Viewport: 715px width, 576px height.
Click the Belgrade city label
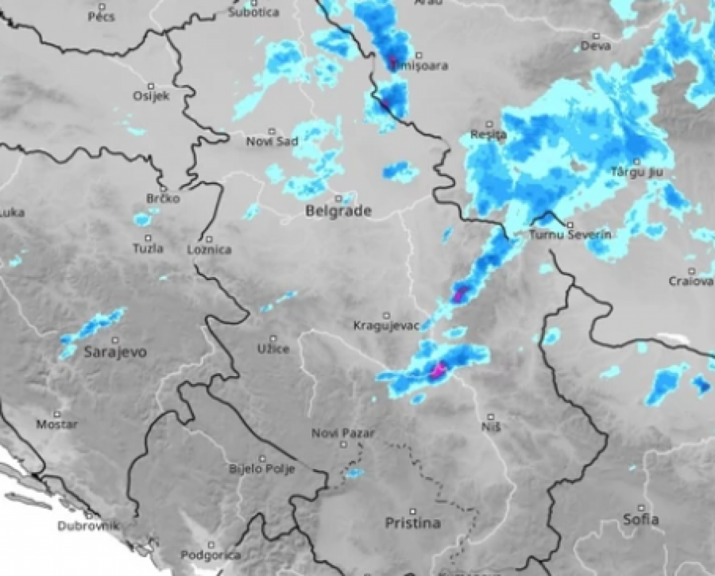click(338, 211)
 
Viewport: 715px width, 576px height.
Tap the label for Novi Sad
click(272, 141)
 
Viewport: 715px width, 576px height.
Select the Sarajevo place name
click(115, 352)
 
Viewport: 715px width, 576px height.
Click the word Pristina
click(412, 523)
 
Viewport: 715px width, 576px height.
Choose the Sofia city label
click(640, 520)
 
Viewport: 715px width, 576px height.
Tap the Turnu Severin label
click(570, 236)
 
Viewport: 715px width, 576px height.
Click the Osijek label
click(151, 96)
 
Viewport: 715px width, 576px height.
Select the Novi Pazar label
click(342, 432)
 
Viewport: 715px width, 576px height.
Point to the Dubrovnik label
click(88, 525)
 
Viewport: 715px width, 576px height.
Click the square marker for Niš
click(490, 417)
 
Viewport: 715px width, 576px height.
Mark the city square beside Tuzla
click(148, 238)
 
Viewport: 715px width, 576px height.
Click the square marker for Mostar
click(57, 414)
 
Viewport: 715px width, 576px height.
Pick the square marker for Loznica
click(209, 239)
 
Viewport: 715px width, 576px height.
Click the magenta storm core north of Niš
click(437, 370)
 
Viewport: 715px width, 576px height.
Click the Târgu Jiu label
click(636, 171)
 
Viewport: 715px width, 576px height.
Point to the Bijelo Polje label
click(261, 469)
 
